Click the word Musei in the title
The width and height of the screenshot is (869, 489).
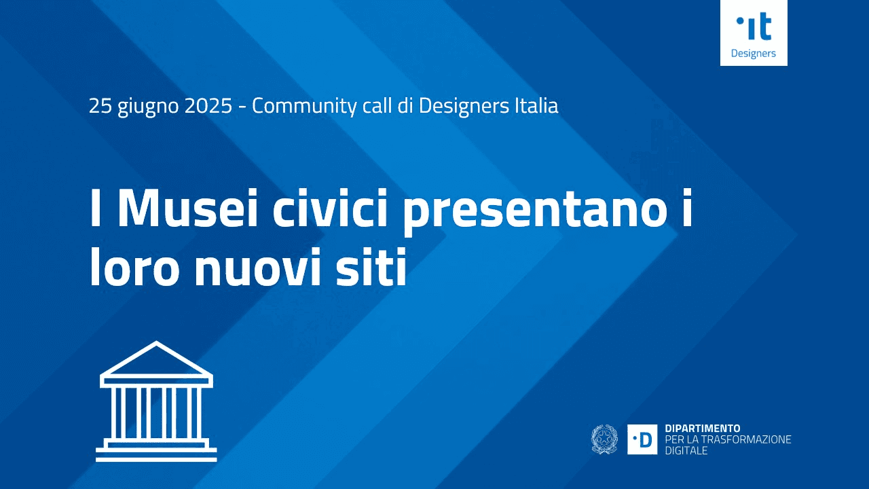pos(187,208)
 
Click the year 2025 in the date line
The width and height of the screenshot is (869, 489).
pos(208,106)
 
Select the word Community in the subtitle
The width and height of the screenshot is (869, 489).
pos(303,107)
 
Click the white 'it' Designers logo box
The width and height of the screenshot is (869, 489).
pos(754,33)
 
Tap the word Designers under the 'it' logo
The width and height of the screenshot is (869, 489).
pos(754,54)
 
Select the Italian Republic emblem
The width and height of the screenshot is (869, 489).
pos(604,439)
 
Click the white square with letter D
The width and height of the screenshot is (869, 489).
pos(642,439)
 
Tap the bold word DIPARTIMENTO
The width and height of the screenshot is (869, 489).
pos(703,429)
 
